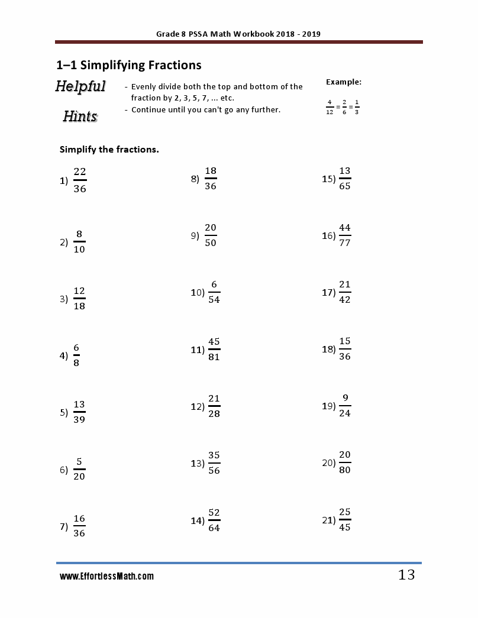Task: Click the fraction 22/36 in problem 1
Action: click(x=80, y=180)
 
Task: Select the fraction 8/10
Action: click(x=79, y=241)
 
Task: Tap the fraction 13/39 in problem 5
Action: click(x=79, y=412)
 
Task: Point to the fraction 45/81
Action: click(x=214, y=350)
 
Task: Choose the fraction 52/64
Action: click(x=214, y=520)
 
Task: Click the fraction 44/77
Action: click(x=345, y=235)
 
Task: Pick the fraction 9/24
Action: click(x=345, y=406)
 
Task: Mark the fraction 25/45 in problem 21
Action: click(x=345, y=520)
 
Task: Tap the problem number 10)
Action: click(x=198, y=292)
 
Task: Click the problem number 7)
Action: click(x=64, y=527)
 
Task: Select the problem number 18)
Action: click(x=329, y=349)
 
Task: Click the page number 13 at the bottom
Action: click(x=406, y=575)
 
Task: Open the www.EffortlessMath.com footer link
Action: click(x=106, y=576)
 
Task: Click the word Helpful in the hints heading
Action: click(x=80, y=86)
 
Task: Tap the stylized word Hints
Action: click(x=80, y=116)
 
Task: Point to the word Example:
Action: click(x=344, y=82)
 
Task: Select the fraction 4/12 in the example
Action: click(x=329, y=108)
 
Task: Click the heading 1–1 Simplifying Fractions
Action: click(x=129, y=65)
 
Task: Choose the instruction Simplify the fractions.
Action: click(x=109, y=150)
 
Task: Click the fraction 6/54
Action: click(x=214, y=292)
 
